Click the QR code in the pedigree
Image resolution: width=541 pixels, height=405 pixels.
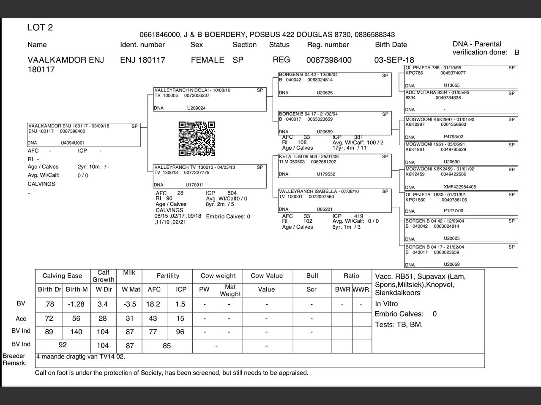197,139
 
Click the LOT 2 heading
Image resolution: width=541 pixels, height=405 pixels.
40,28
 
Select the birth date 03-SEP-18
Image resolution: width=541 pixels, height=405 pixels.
394,60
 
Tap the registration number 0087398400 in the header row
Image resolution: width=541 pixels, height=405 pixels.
329,60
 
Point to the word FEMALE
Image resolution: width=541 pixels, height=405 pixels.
207,60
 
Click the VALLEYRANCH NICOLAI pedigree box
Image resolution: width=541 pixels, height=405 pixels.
210,100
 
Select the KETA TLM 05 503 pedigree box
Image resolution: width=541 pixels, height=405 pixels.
335,166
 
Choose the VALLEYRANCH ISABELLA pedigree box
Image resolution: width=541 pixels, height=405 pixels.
335,200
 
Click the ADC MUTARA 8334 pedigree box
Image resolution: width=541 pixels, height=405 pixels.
461,101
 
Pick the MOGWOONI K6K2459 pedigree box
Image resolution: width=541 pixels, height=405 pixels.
461,178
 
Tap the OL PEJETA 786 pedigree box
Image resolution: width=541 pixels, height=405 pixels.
461,76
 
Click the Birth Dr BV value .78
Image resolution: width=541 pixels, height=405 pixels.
49,304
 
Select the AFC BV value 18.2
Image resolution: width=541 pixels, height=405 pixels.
153,304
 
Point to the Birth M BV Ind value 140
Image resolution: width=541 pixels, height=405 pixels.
76,332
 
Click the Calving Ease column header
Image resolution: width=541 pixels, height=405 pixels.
62,276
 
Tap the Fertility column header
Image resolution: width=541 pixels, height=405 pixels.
168,276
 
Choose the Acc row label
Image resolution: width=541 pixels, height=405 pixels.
21,319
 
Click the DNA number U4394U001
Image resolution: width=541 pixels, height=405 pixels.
72,143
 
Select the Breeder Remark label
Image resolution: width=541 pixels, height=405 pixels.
14,359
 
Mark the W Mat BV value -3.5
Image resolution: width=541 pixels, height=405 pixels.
130,304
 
